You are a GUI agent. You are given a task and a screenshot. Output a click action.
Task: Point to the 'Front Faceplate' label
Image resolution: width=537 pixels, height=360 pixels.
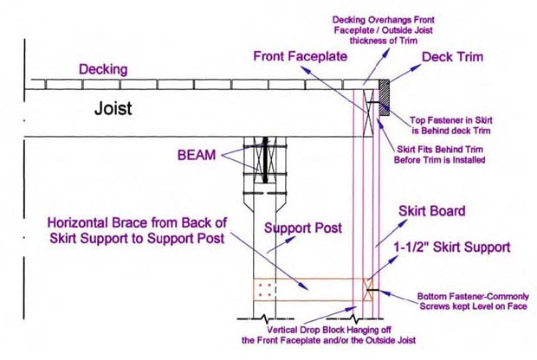point(301,56)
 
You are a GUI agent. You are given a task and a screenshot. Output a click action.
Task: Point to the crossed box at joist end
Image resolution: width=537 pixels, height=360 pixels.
point(372,110)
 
